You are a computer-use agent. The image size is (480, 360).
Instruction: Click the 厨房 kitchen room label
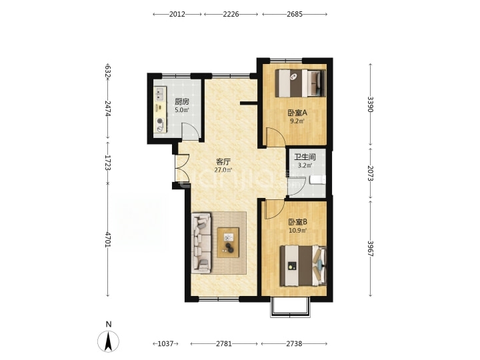tap(182, 101)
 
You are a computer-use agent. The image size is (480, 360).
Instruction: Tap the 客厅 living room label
tap(223, 161)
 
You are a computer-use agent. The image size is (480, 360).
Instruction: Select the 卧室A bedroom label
tap(297, 113)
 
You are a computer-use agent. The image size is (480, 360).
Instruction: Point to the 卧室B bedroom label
tap(297, 222)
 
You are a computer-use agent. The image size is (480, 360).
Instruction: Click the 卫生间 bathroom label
tap(305, 157)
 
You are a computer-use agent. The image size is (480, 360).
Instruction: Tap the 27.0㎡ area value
tap(223, 170)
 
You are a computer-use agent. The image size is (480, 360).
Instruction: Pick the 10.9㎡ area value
tap(298, 230)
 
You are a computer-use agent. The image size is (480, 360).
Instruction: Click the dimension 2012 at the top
tap(177, 14)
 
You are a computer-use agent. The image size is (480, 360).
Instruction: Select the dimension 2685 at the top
tap(295, 14)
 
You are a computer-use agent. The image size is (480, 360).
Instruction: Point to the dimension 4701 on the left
tap(108, 239)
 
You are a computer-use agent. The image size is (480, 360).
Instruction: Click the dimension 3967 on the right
tap(371, 248)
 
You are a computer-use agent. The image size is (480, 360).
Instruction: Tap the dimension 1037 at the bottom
tap(165, 344)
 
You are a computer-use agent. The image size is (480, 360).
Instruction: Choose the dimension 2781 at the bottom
tap(224, 344)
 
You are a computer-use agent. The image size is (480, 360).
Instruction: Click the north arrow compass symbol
tap(108, 340)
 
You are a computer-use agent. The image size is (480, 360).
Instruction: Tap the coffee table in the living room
tap(228, 243)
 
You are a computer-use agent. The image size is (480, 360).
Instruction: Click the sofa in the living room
tap(201, 243)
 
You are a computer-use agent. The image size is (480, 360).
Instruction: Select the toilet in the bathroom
tap(317, 180)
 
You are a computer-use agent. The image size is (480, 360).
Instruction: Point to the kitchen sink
tap(160, 94)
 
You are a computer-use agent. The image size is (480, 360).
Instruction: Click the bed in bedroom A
tap(300, 83)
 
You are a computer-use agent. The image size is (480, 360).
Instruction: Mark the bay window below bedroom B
tap(290, 307)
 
